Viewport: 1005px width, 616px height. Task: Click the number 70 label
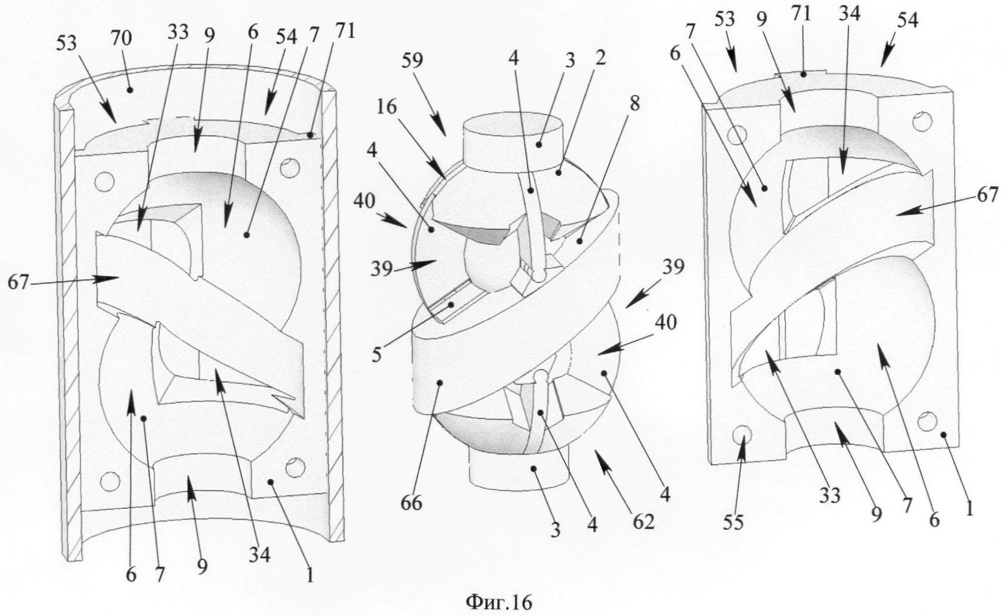pos(122,39)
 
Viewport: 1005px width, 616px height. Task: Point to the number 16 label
pos(387,108)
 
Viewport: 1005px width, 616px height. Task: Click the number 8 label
pos(634,105)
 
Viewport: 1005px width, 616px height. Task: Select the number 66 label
pos(413,503)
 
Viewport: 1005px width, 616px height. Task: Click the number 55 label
pos(734,522)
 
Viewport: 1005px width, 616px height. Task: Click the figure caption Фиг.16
pos(498,602)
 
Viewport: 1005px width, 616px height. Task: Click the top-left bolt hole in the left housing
pos(105,182)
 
